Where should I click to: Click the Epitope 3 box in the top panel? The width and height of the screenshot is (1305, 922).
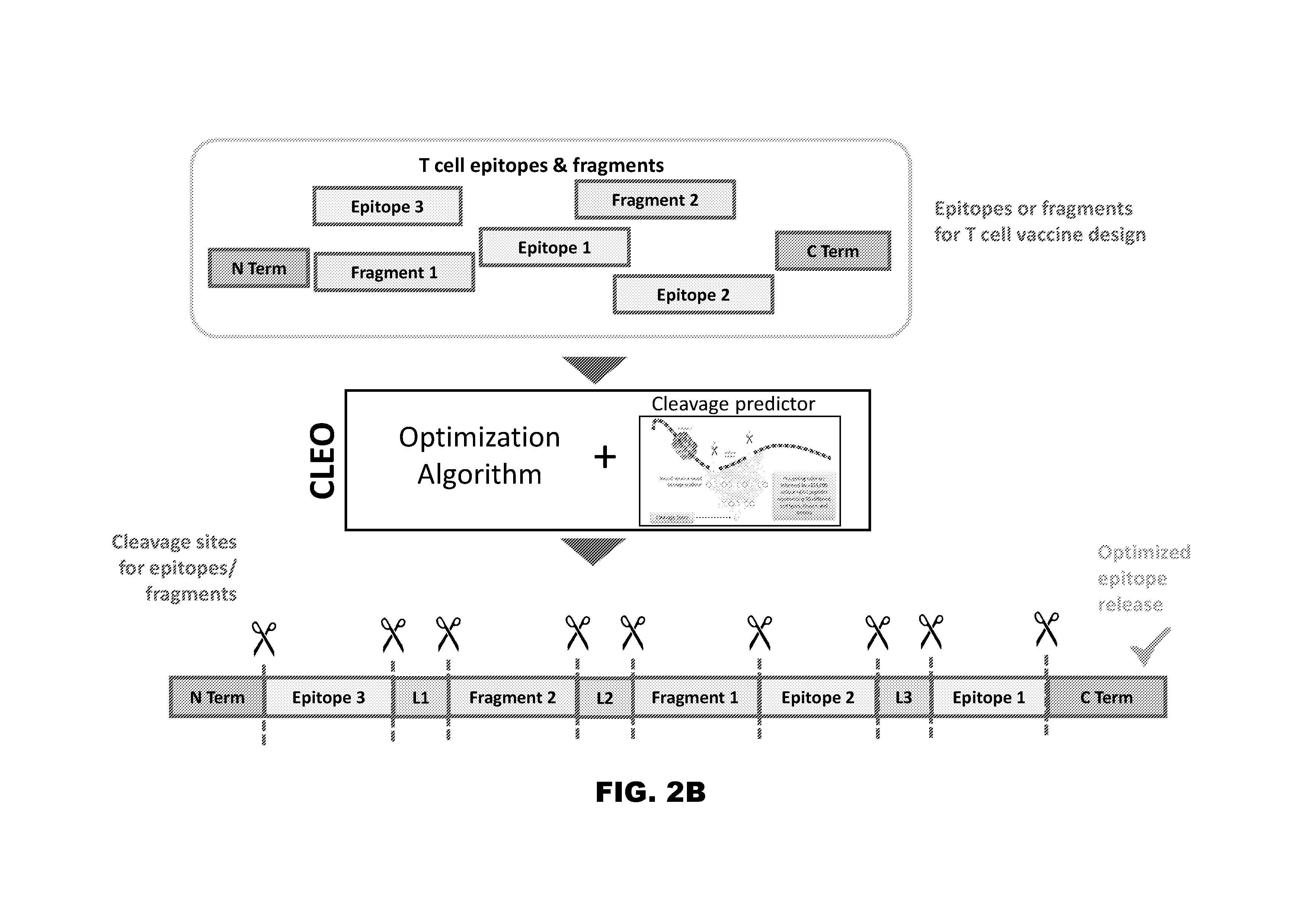coord(387,207)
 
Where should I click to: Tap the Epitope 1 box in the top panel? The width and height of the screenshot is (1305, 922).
coord(554,247)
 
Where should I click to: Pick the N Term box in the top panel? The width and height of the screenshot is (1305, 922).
coord(259,268)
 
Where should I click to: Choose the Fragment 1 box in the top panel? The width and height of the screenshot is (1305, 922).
coord(394,272)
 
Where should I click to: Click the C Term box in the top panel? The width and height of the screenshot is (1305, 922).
coord(833,251)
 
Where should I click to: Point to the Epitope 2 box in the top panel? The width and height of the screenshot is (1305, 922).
coord(693,294)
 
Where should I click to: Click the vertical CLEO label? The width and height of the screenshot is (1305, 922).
coord(322,460)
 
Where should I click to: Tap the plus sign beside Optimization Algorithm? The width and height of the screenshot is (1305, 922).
coord(605,457)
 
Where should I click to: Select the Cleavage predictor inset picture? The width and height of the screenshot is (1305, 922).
coord(739,471)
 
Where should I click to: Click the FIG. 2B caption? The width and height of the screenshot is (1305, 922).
coord(650,792)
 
